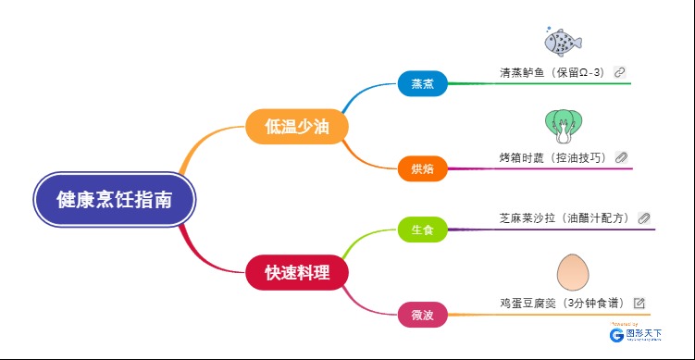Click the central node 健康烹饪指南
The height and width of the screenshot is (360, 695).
click(x=114, y=200)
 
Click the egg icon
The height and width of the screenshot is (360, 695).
click(x=573, y=273)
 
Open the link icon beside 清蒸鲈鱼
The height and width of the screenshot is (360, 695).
click(x=620, y=71)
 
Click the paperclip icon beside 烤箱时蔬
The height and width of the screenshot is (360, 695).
click(x=622, y=157)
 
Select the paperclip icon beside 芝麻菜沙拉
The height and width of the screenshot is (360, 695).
click(x=644, y=218)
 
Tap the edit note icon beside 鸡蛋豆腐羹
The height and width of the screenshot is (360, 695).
click(x=639, y=303)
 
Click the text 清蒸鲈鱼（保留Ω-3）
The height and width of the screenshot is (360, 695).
click(x=552, y=72)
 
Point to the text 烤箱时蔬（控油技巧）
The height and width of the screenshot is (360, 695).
click(x=552, y=158)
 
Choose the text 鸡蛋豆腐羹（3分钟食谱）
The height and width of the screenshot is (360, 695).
click(x=562, y=304)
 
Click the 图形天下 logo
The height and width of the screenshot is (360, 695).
click(x=635, y=336)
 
